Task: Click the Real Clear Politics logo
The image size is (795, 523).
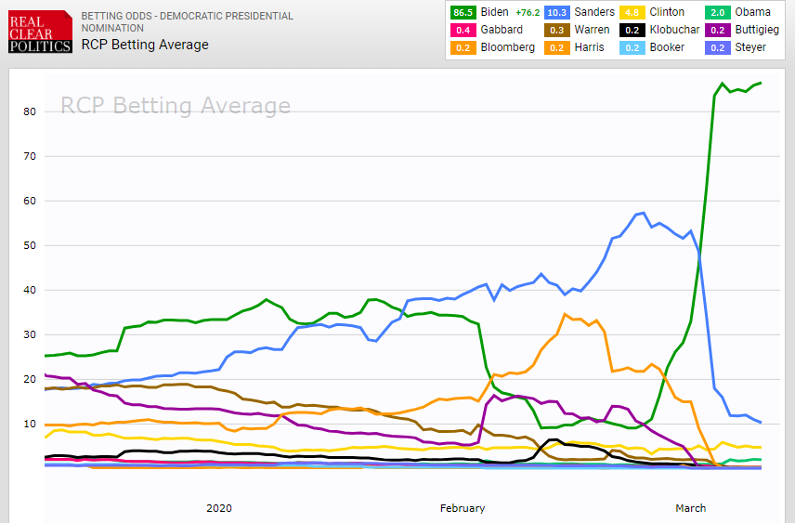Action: coord(36,32)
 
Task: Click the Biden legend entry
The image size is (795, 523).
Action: coord(493,12)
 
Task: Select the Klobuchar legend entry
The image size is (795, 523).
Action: coord(673,30)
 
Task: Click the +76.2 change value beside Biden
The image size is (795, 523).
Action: coord(524,12)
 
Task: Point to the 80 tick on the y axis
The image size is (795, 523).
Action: coord(30,111)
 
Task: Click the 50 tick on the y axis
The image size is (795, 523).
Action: coord(30,245)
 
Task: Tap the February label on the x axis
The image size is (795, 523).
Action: coord(463,508)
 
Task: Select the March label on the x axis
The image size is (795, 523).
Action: coord(690,508)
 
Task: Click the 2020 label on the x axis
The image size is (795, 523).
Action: coord(219,508)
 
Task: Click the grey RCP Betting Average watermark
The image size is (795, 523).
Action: coord(176,106)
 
